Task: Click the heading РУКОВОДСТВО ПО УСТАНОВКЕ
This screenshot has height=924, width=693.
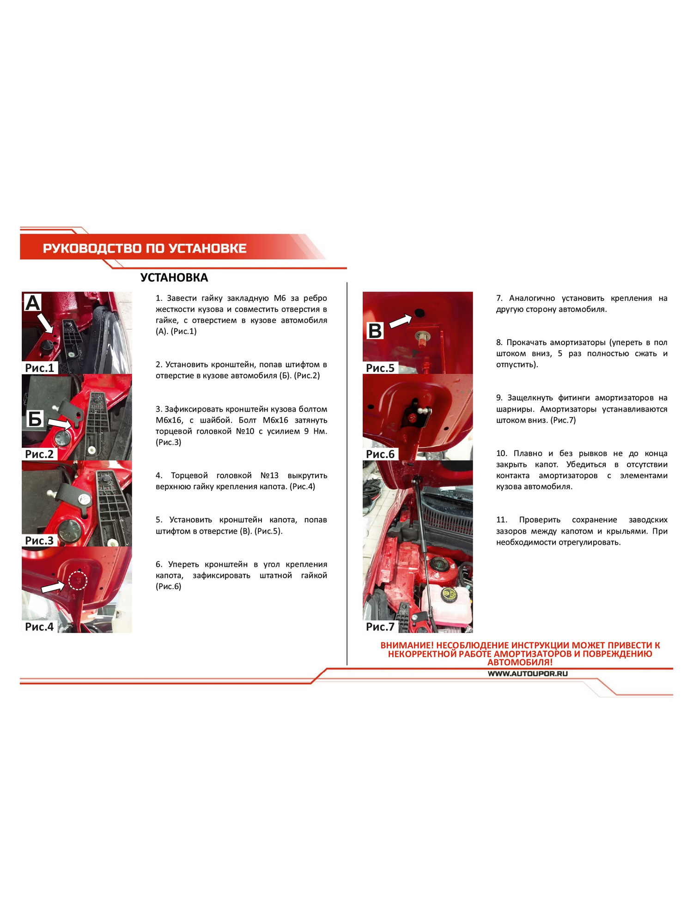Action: pos(145,249)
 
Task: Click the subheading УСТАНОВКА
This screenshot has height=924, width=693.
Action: pos(174,278)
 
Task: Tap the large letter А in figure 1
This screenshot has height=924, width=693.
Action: pos(33,303)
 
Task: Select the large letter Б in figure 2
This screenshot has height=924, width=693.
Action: pos(35,419)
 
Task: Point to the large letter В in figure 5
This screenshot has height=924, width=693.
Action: pos(375,331)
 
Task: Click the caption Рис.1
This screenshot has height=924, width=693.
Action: pos(40,368)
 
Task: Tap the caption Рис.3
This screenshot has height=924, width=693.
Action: pos(40,541)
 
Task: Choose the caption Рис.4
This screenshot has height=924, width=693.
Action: pos(40,627)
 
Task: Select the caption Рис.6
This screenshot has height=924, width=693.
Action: pos(380,454)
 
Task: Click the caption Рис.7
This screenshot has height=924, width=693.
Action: pos(380,627)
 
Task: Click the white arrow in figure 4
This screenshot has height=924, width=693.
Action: pos(53,586)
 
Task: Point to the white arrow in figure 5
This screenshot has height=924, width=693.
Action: pos(401,321)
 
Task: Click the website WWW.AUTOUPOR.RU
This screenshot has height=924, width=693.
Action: pos(528,674)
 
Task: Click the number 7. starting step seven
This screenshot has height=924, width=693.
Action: pos(499,298)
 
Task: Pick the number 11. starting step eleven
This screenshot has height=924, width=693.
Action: pos(502,520)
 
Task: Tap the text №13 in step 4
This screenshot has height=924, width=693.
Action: pos(269,476)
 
